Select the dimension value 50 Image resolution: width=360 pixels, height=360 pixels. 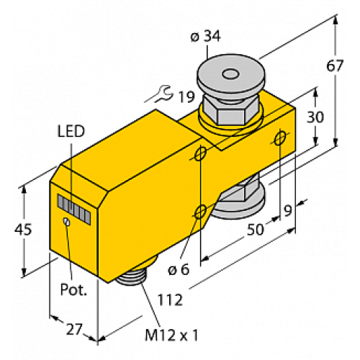[x=253, y=230]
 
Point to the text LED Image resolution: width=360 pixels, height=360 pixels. [x=70, y=130]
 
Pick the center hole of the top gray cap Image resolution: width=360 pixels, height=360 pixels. [x=230, y=73]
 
